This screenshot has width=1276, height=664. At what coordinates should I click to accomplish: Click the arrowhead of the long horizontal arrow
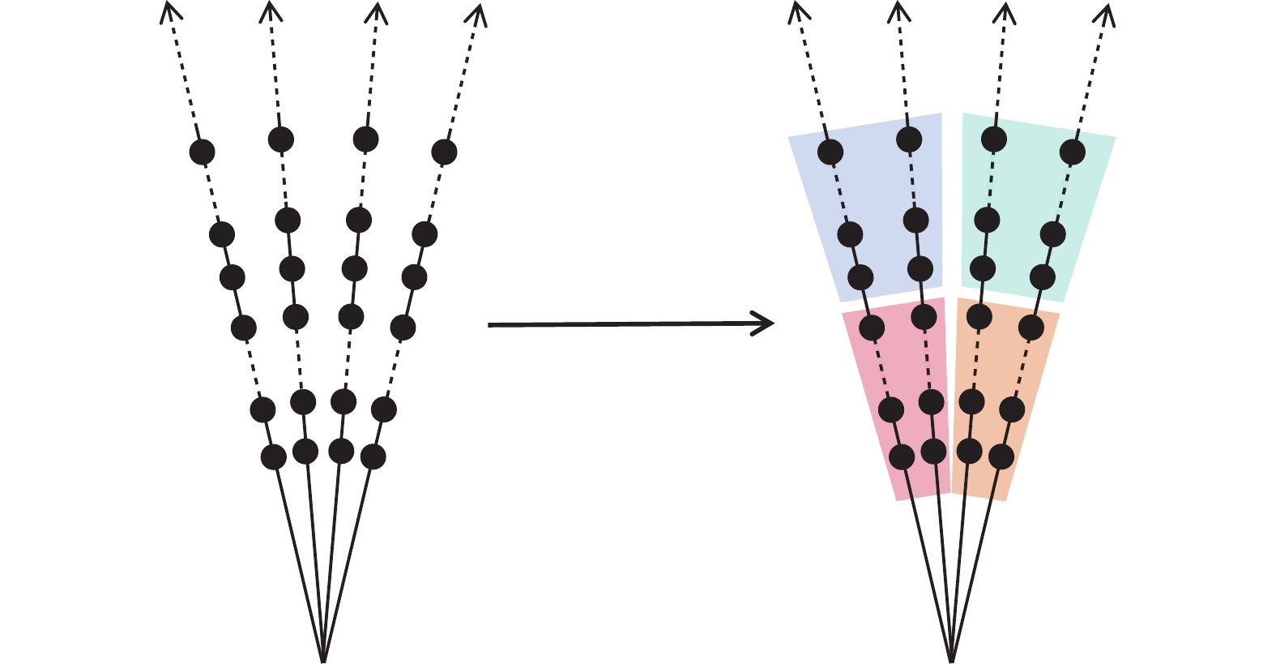[x=770, y=324]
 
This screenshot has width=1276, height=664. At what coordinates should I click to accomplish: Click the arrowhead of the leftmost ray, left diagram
[x=168, y=8]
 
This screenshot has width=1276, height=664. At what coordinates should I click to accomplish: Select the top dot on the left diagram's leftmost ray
[x=202, y=152]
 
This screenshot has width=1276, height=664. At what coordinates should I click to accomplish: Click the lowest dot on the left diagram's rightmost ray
[x=373, y=457]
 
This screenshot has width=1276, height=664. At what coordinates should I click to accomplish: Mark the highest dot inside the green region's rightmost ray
[x=1073, y=152]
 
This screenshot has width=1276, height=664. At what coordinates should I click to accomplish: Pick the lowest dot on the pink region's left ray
[x=902, y=457]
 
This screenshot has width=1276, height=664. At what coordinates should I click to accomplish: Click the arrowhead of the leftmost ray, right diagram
[x=796, y=8]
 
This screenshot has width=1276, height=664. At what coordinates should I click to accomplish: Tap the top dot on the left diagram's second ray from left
[x=280, y=139]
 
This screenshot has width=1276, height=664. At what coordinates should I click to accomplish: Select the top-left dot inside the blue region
[x=830, y=152]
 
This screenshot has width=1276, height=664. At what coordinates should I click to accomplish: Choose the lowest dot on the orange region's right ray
[x=1001, y=457]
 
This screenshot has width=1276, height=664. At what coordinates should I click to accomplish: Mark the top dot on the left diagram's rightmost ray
[x=444, y=152]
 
